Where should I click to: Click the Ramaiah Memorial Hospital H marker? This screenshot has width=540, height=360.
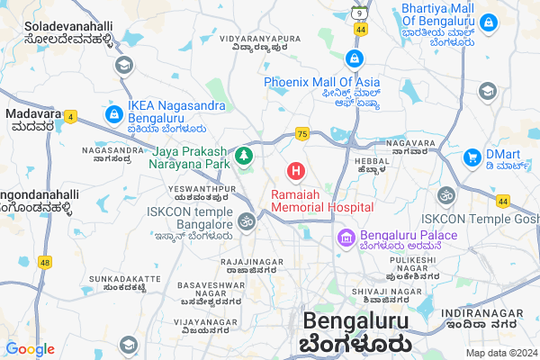[x=295, y=169]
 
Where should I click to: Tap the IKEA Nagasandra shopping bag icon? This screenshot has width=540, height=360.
[x=113, y=115]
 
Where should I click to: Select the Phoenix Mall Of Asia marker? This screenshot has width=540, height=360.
[x=355, y=59]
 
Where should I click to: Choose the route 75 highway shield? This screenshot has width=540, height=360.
[x=301, y=134]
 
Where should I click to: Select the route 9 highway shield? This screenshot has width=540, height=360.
[x=360, y=13]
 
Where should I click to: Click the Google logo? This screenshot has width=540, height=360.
[x=30, y=348]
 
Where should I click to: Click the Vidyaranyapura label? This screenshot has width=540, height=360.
[x=261, y=43]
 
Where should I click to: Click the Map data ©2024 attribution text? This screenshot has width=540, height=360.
[x=500, y=353]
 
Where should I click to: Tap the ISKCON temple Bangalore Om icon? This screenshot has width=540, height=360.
[x=247, y=220]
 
